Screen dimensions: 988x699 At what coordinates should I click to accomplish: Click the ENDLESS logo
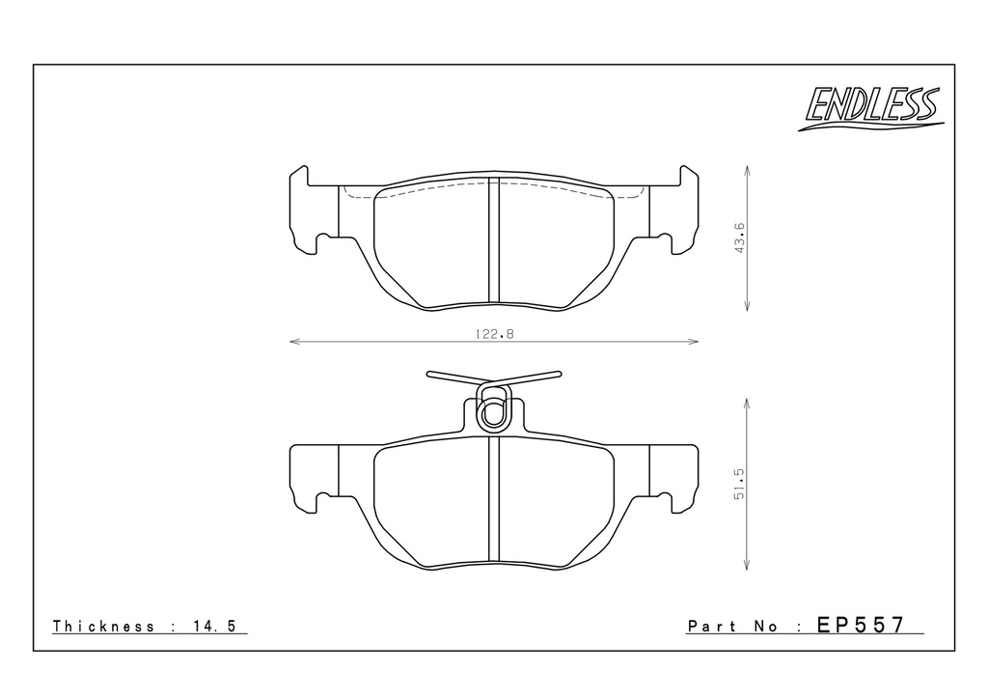[x=871, y=108]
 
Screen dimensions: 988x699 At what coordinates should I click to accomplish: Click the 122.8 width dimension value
[x=495, y=334]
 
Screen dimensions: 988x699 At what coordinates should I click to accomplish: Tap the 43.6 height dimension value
[x=739, y=238]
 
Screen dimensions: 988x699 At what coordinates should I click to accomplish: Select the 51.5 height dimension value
[x=739, y=484]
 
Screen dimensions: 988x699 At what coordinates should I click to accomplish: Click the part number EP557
[x=861, y=625]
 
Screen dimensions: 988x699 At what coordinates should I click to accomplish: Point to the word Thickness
[x=103, y=626]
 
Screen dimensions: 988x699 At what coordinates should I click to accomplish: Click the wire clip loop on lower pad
[x=493, y=408]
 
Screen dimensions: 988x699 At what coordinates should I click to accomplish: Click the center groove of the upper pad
[x=494, y=240]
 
